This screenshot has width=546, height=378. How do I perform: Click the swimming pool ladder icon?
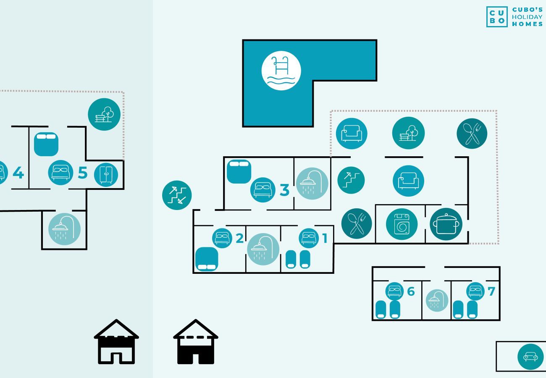tap(281, 71)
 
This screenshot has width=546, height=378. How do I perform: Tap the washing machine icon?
tap(402, 224)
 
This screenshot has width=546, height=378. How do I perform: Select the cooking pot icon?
tap(446, 224)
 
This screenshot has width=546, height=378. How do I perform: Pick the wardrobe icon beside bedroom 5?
tap(106, 175)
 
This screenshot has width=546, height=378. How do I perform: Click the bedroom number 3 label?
tap(284, 190)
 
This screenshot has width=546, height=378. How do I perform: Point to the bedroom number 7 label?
tap(491, 291)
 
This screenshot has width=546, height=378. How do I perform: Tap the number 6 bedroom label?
tap(411, 291)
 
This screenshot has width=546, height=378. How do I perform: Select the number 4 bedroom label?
tap(18, 173)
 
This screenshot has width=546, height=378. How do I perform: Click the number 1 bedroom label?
tap(325, 238)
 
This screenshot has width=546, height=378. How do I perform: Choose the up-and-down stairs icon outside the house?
tap(177, 195)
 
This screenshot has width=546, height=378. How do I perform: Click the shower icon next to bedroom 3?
tap(312, 184)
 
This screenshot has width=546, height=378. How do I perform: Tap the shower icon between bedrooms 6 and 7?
tap(437, 300)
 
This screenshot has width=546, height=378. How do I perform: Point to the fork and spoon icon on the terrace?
tap(472, 133)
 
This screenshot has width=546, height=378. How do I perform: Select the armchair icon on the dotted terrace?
tap(352, 133)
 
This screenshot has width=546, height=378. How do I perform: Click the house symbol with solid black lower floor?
tap(195, 342)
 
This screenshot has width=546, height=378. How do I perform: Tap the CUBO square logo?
tap(497, 17)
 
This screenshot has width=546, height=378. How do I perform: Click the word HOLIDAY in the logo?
tap(527, 17)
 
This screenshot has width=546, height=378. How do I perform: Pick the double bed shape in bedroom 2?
tap(207, 259)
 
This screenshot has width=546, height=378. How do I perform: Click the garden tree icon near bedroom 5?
tap(104, 114)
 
